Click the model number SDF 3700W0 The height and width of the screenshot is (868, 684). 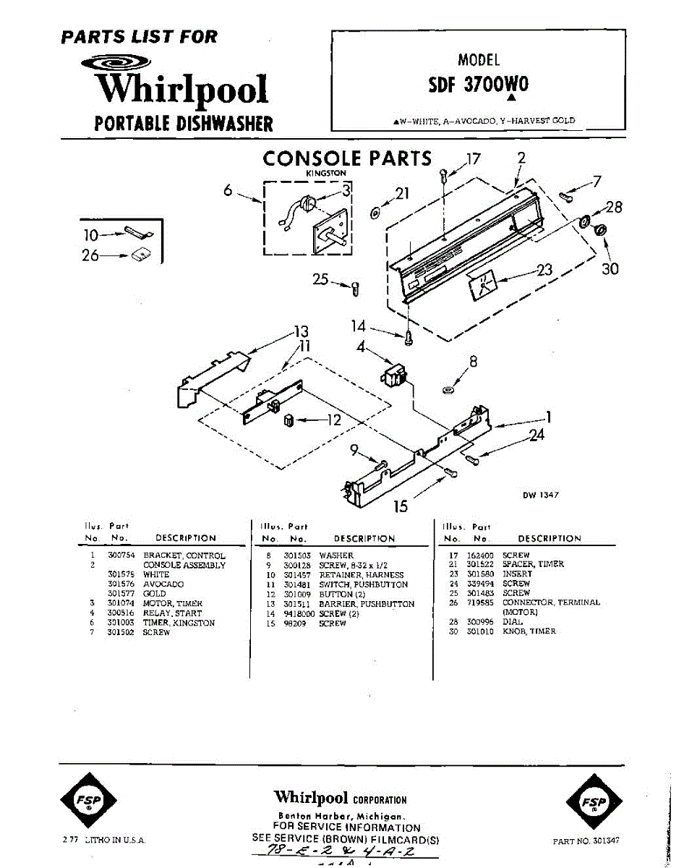478,85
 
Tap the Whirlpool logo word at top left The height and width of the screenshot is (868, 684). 182,90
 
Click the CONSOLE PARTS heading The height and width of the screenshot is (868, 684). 347,159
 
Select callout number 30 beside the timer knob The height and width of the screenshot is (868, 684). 610,269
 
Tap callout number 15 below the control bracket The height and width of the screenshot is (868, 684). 401,506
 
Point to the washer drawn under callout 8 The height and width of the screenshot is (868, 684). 448,391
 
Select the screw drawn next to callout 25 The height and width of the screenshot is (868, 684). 355,289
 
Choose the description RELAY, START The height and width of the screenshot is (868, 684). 173,613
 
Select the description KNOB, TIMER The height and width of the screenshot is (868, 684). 529,631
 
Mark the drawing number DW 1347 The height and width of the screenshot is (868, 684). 541,495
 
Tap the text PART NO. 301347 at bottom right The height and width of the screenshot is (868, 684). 586,841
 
